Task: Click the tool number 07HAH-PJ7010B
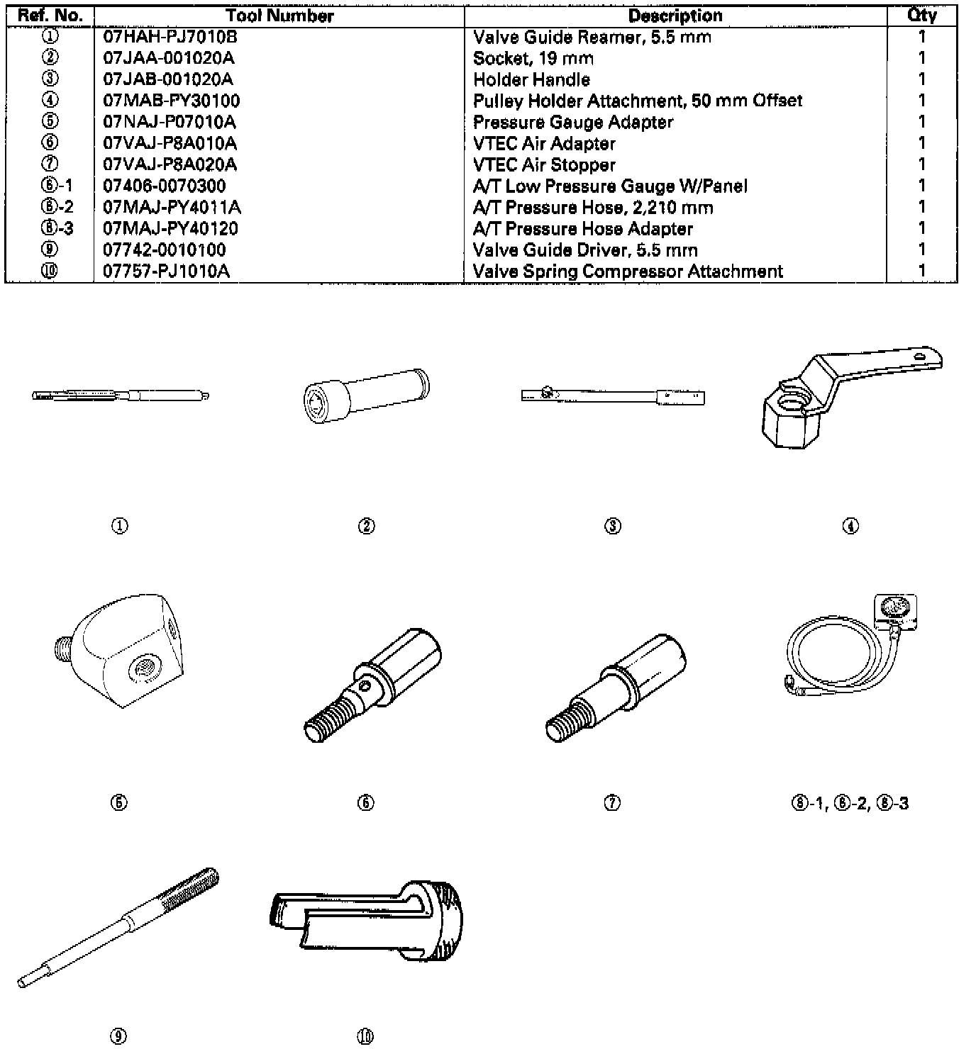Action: click(170, 37)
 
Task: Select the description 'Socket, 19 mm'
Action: click(533, 58)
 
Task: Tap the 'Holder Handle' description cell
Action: click(531, 79)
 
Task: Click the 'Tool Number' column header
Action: click(279, 16)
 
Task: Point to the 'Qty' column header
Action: click(921, 16)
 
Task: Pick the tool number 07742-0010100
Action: click(165, 249)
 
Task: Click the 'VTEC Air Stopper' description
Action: click(544, 164)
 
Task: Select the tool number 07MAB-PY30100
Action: click(172, 101)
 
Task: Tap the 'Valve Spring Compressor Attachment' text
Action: click(628, 271)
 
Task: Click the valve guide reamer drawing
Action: click(121, 395)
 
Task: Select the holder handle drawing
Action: click(613, 396)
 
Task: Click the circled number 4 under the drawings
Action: click(850, 526)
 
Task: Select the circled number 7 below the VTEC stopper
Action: click(613, 802)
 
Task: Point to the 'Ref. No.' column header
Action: click(50, 16)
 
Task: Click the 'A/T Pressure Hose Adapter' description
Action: click(582, 228)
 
